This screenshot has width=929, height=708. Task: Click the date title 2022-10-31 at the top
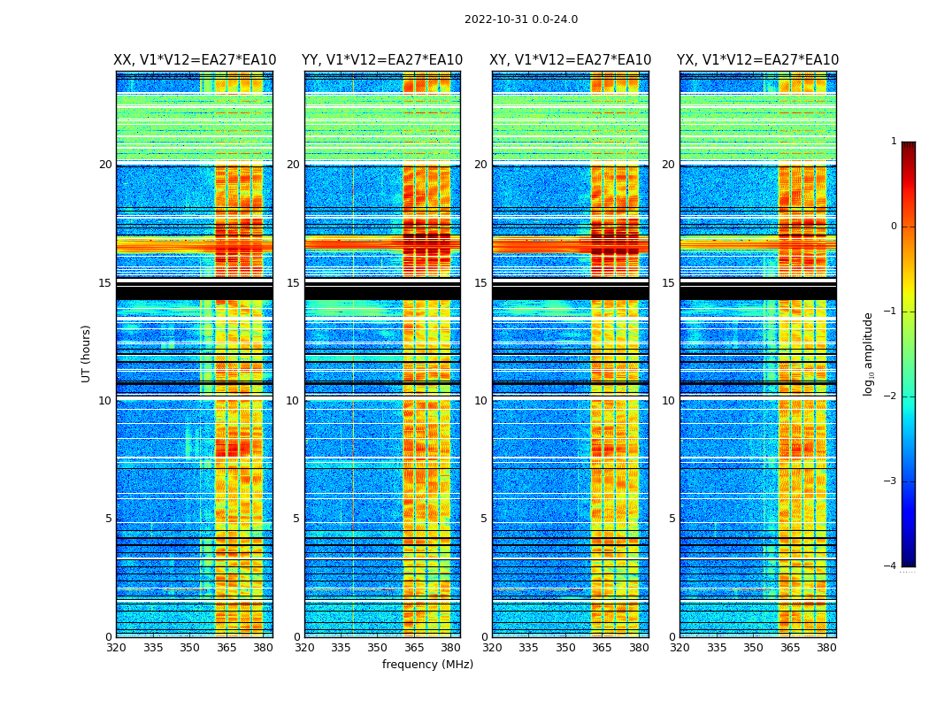point(520,19)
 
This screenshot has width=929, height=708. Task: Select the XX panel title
point(195,60)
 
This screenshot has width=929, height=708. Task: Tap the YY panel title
point(382,60)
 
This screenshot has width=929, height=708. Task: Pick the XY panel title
point(570,60)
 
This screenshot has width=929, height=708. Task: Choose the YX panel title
point(757,60)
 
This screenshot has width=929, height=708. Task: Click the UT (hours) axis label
point(87,353)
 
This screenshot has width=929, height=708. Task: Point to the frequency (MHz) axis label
point(427,665)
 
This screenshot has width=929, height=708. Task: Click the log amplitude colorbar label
point(869,353)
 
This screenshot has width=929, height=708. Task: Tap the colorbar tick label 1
point(894,142)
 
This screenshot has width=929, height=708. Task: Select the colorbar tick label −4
point(891,566)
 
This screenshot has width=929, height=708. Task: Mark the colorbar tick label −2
point(891,396)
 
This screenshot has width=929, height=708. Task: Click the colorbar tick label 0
point(894,227)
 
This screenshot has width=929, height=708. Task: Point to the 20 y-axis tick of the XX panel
point(105,165)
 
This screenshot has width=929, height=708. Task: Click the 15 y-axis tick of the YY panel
point(293,283)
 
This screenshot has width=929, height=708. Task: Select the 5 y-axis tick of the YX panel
point(672,519)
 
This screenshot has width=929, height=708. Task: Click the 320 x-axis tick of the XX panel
point(116,648)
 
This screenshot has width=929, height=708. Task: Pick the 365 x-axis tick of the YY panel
point(414,648)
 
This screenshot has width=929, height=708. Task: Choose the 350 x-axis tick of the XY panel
point(565,648)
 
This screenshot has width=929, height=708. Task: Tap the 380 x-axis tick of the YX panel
point(826,648)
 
